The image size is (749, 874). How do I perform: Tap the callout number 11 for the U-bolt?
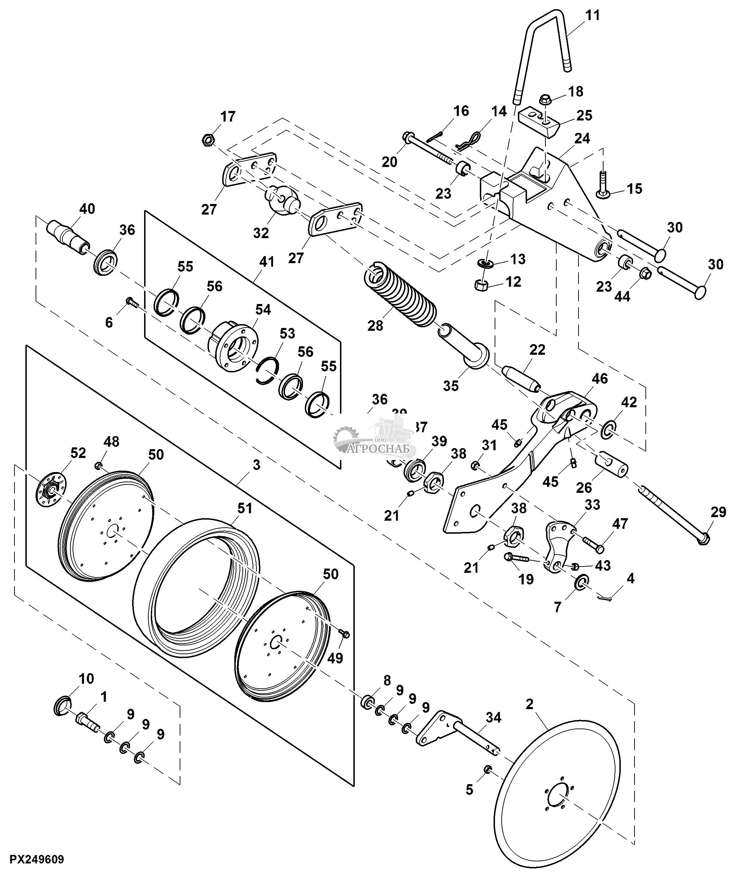[593, 16]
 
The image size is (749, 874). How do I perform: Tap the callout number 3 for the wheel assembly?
[256, 465]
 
